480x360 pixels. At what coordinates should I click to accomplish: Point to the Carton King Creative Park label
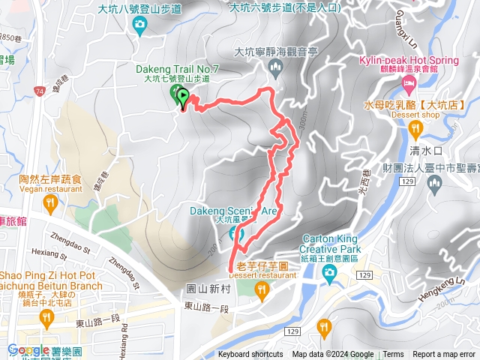click(331, 241)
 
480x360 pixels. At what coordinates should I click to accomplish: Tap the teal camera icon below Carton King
click(328, 275)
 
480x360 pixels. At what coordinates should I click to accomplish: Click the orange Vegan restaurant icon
click(50, 203)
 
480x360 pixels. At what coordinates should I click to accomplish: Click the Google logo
click(29, 349)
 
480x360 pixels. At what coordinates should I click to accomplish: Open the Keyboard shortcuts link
click(251, 355)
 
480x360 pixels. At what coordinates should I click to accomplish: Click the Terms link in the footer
click(393, 355)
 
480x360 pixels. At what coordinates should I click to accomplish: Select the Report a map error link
click(444, 355)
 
